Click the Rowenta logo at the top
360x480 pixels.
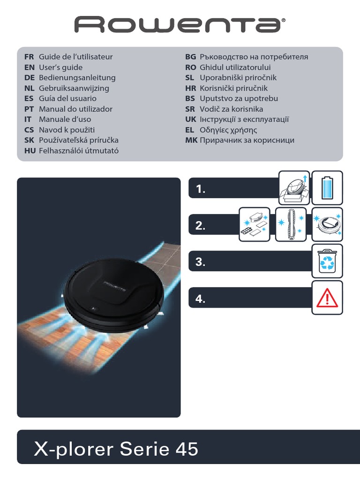pos(180,24)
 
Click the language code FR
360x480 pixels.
pos(30,57)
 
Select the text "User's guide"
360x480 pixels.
pos(60,67)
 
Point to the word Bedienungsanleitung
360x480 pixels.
pos(77,78)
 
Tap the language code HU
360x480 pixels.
pos(30,150)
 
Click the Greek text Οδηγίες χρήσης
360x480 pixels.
pos(228,130)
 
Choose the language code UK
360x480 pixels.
pos(190,120)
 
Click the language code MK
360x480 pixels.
pos(191,140)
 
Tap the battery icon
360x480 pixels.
pos(327,187)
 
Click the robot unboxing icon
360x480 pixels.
pos(294,187)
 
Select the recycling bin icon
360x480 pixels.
pos(327,261)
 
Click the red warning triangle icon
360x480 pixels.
pos(327,298)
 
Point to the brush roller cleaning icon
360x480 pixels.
pos(291,225)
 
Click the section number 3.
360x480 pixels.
pos(201,262)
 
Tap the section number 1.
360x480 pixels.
pos(201,189)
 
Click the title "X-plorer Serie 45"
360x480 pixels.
pos(116,450)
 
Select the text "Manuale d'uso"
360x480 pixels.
pos(65,120)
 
